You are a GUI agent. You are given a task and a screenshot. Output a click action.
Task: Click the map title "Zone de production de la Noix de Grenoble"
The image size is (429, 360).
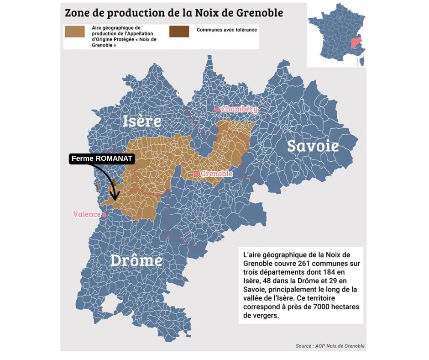click(174, 12)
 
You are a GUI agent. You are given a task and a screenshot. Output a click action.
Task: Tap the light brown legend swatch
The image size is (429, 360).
click(75, 31)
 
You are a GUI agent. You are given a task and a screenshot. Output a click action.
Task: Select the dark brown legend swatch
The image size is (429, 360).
click(179, 31)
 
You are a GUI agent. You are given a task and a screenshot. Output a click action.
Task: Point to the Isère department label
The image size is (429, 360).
click(142, 121)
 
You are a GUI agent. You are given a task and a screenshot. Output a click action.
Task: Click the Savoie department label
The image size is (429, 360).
click(313, 146)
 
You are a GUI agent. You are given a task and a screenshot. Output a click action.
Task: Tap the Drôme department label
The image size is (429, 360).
click(136, 260)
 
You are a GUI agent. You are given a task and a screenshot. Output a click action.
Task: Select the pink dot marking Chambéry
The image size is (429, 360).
click(217, 110)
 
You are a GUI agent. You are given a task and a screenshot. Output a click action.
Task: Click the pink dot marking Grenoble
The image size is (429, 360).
click(196, 174)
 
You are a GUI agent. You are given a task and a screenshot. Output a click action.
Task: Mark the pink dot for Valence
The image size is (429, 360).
click(105, 215)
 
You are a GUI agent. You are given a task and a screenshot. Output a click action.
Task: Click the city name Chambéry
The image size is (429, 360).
click(239, 109)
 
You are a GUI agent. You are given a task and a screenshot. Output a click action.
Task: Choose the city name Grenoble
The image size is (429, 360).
click(216, 174)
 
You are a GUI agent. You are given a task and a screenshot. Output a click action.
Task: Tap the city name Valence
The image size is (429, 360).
click(86, 214)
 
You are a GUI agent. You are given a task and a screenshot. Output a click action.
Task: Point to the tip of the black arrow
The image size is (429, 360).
click(115, 200)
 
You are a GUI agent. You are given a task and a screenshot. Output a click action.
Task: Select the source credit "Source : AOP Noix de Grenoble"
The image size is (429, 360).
click(330, 346)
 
